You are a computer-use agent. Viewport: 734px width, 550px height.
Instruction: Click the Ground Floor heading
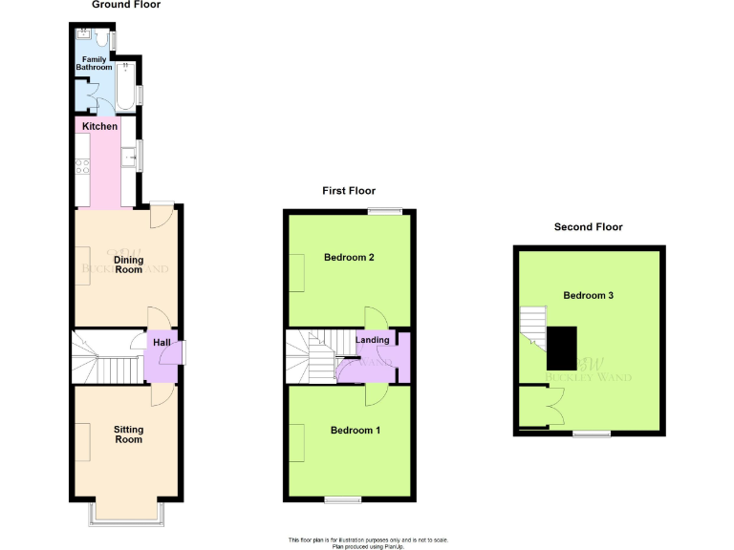tap(126, 5)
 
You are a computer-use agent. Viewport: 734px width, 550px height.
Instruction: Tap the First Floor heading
tap(349, 191)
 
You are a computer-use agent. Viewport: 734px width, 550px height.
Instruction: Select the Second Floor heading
tap(588, 227)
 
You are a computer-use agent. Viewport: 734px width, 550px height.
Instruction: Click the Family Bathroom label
tap(95, 63)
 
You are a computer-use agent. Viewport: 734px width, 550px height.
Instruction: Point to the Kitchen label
tap(99, 126)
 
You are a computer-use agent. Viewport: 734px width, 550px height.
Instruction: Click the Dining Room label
tap(129, 264)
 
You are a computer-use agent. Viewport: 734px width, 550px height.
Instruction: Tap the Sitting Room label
tap(128, 434)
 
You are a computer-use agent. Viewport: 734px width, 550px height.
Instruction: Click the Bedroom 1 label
tap(356, 431)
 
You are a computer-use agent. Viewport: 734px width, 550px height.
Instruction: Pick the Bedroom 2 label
tap(349, 258)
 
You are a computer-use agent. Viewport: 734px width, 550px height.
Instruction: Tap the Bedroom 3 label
tap(588, 295)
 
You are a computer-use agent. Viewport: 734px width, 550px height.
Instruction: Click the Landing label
tap(372, 340)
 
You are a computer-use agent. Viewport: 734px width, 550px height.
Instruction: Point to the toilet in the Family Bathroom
tap(101, 39)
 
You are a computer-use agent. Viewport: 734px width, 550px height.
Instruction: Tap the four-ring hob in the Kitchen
tap(82, 166)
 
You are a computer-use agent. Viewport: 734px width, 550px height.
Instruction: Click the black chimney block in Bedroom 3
tap(562, 348)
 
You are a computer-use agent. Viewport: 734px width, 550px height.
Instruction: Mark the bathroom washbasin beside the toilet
tap(84, 35)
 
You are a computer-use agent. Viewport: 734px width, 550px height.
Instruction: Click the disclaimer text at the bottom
tap(367, 542)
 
